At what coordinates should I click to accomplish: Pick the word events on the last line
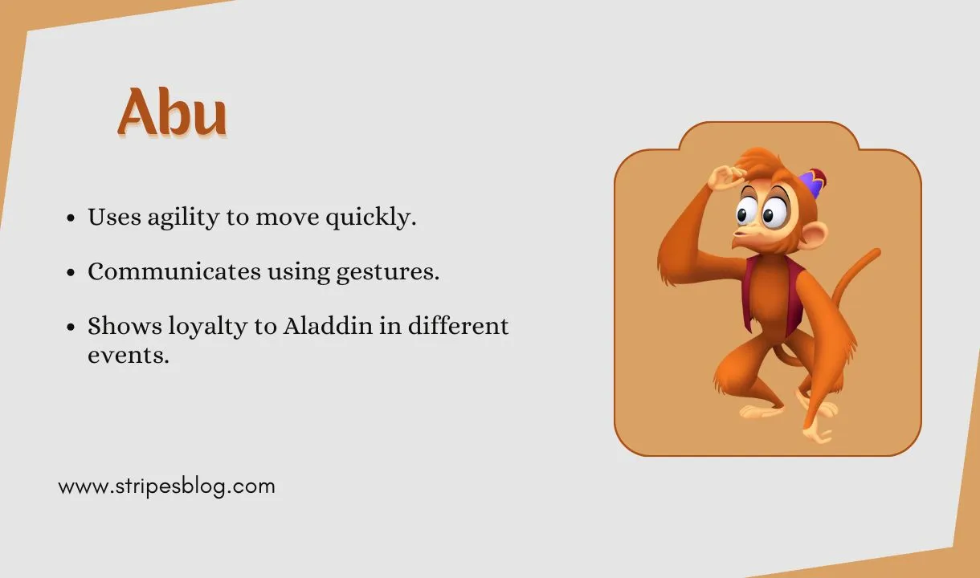(128, 355)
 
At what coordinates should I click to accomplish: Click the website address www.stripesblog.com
(166, 486)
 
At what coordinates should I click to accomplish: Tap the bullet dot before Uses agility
(71, 218)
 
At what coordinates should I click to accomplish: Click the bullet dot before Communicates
(71, 273)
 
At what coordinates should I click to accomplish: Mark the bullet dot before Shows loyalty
(71, 328)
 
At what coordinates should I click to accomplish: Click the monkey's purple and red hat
(814, 183)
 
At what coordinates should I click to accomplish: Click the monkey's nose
(740, 232)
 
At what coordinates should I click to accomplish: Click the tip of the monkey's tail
(875, 254)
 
